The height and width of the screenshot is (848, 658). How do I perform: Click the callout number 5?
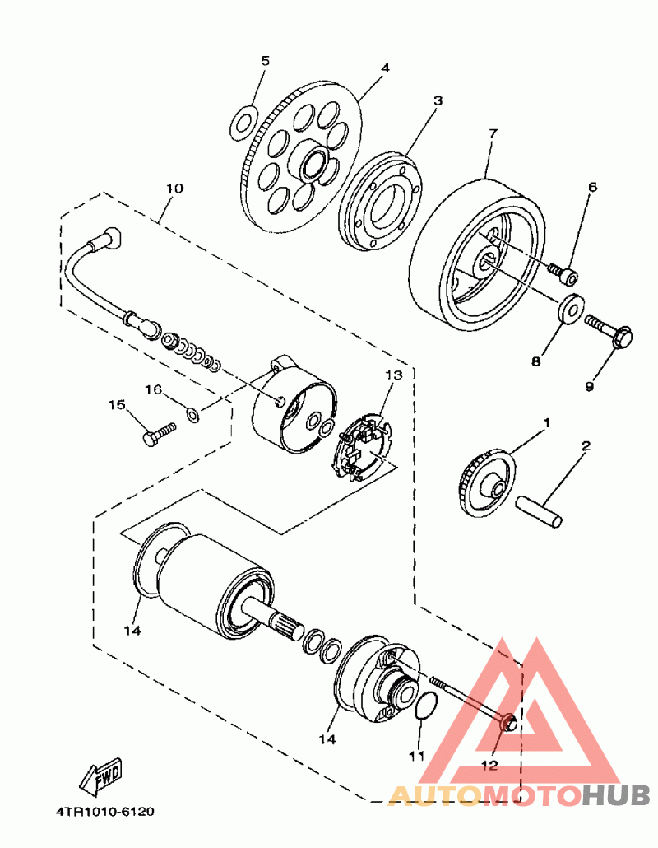(x=265, y=61)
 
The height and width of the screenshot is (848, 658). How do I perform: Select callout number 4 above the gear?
(x=385, y=68)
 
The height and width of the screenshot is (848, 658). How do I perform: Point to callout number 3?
(x=438, y=100)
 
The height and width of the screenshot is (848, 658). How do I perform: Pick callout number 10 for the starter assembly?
(x=174, y=189)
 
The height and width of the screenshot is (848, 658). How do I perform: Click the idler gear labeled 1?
(x=485, y=484)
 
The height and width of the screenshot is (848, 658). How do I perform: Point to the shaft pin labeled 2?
(x=540, y=510)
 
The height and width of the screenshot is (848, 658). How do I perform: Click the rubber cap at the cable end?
(x=106, y=241)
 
